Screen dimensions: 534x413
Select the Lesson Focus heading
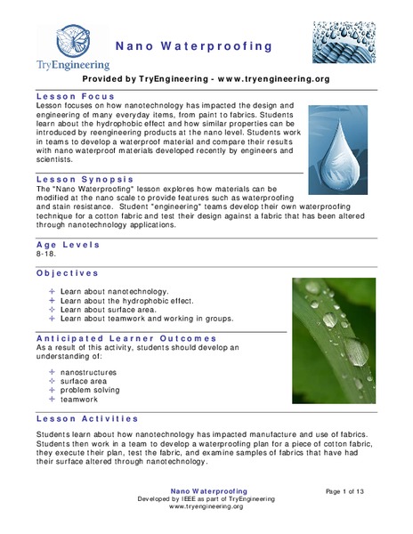pos(75,94)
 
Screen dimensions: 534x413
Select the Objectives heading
pos(68,273)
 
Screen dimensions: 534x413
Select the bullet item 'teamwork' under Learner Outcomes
pos(81,400)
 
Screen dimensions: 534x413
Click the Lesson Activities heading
pos(87,418)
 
